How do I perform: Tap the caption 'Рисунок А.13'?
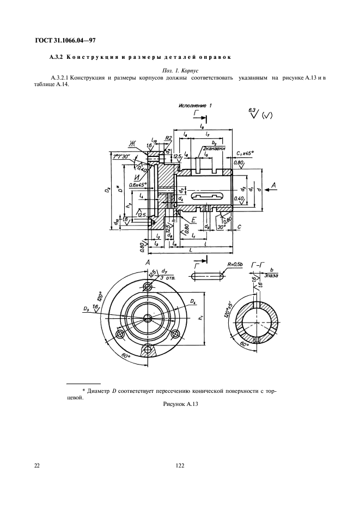(x=179, y=404)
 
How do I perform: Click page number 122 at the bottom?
(x=180, y=465)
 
